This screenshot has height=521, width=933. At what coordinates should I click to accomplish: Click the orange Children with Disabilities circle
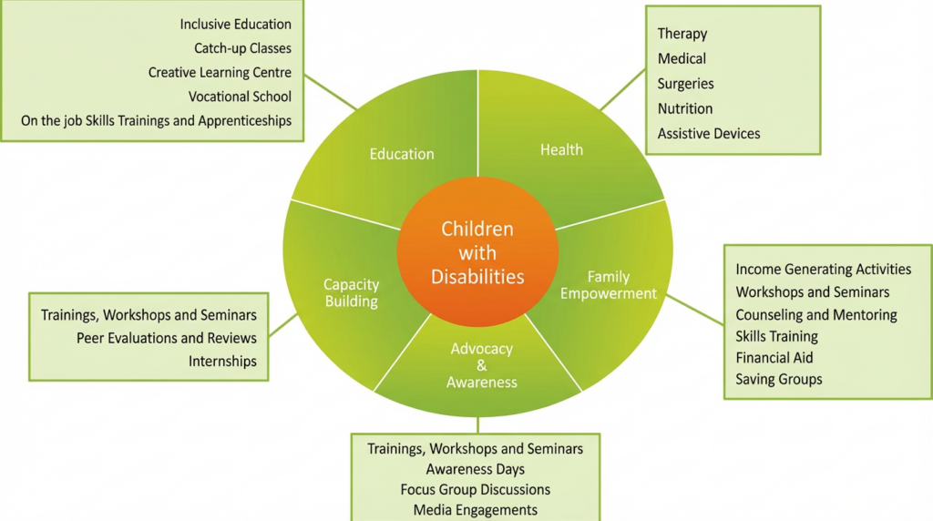pos(477,251)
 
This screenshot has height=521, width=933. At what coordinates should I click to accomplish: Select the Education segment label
pos(402,154)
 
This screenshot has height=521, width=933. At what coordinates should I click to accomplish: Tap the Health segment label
pos(561,149)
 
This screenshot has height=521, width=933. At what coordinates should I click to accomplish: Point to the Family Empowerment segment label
pos(609,285)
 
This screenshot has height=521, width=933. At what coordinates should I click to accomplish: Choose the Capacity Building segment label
pos(351,292)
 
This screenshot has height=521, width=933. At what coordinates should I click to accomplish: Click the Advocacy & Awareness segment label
pos(482,365)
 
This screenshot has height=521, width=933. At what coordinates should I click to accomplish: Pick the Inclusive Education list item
pos(236,24)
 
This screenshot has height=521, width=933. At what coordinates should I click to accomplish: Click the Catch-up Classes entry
pos(242,47)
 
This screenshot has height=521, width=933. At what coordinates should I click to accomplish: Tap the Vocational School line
pos(240,96)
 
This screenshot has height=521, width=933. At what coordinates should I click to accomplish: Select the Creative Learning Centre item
pos(220,72)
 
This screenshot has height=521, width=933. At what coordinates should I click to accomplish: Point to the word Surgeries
pos(685,83)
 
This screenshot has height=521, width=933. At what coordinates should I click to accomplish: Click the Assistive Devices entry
pos(708,133)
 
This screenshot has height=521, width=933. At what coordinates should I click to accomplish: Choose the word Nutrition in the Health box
pos(685,108)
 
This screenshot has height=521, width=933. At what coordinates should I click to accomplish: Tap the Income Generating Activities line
pos(823,269)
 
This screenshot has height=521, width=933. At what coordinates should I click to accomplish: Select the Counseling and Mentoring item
pos(815,314)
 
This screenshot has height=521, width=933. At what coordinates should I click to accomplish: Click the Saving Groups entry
pos(778,379)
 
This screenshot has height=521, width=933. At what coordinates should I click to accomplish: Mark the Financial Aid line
pos(774,357)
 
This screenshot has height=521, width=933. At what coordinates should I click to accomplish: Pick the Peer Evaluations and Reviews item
pos(167,338)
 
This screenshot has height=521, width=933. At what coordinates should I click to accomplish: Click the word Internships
pos(222,361)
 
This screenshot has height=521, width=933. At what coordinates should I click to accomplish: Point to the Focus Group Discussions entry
pos(475,489)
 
